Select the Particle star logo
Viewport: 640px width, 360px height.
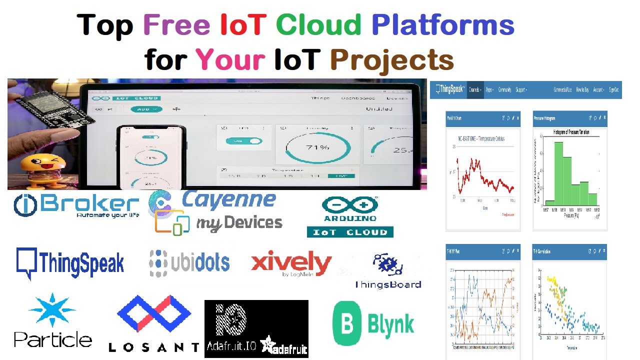52,310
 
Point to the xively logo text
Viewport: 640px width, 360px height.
291,263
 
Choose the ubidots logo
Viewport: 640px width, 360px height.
189,262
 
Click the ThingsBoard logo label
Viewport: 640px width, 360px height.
388,284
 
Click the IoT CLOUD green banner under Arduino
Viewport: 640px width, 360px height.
350,232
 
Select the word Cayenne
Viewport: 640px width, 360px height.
228,199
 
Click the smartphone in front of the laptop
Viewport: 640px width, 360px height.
150,157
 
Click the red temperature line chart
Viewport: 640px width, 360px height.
482,177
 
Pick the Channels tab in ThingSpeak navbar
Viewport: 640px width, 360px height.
475,90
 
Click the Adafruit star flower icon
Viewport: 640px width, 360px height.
268,343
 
